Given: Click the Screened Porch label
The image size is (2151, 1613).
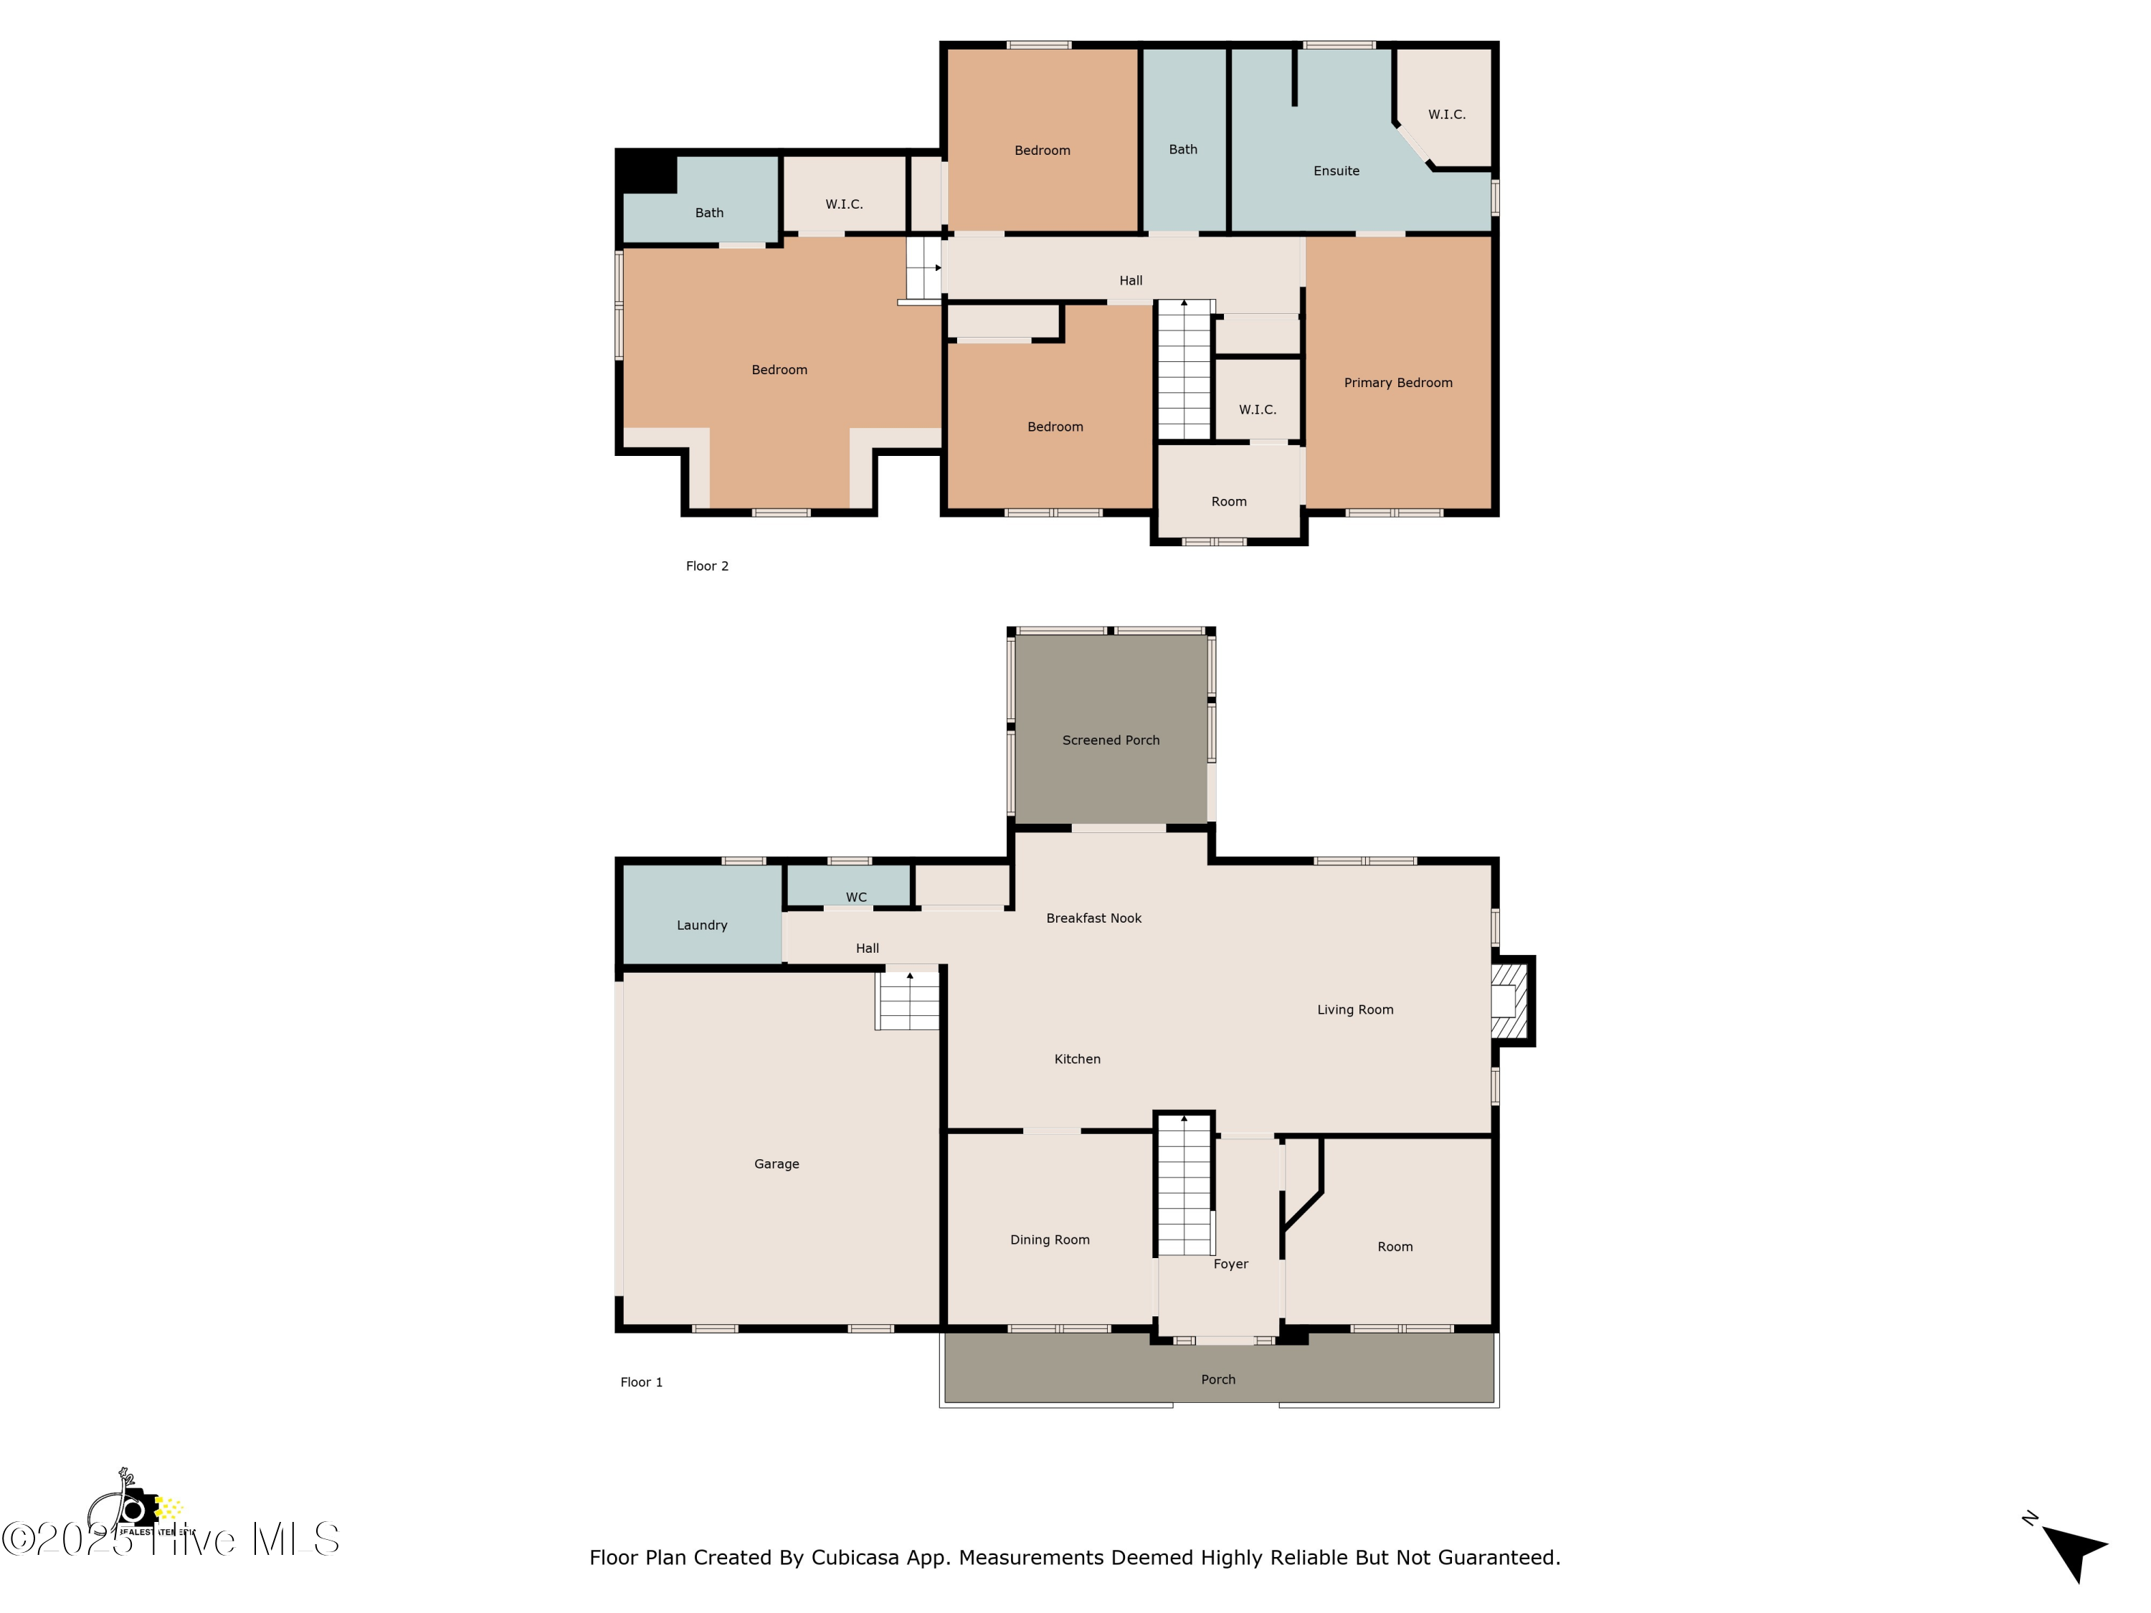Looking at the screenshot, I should (x=1111, y=740).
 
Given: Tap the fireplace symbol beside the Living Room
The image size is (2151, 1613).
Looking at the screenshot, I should (x=1509, y=1001).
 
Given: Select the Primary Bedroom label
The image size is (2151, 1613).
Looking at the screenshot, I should (x=1397, y=383).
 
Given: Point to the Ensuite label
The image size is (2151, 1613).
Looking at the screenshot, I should (x=1336, y=171).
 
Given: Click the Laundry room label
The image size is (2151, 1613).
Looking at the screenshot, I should (x=701, y=926).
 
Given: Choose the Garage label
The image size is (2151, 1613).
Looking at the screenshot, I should (x=776, y=1164).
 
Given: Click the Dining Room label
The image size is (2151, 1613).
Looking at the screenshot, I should (x=1049, y=1240).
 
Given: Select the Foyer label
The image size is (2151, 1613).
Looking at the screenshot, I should (x=1230, y=1264).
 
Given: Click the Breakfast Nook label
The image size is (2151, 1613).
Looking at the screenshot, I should (x=1093, y=918).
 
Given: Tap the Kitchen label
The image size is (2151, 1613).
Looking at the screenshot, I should (x=1076, y=1059).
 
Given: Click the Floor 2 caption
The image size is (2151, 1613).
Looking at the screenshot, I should (x=707, y=566).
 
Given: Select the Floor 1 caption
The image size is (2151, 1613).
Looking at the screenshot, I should (x=641, y=1381).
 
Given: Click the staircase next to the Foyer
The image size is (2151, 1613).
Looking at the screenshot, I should (x=1184, y=1186).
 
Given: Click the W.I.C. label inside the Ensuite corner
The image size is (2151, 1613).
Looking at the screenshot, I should (x=1446, y=115).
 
